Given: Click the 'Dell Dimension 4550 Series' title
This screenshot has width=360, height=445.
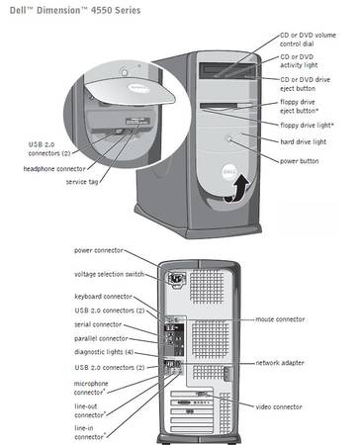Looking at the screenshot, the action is pos(75,10).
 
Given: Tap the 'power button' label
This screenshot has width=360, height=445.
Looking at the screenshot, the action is pos(300,161).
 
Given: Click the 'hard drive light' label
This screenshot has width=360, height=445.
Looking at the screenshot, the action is pos(304,141).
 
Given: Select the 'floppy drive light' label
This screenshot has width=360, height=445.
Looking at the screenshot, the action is pos(307,126).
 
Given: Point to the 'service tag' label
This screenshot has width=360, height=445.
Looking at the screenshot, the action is pos(82,182).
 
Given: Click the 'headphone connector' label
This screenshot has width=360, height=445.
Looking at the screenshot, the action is pos(54,169).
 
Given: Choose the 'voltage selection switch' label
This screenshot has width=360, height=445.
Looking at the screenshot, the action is pos(109,274).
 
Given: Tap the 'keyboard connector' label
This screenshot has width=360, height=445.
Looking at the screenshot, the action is pos(103,297).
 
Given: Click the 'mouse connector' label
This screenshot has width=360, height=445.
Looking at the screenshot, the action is pos(280,319).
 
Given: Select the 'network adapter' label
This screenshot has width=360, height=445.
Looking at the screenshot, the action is pos(280,363).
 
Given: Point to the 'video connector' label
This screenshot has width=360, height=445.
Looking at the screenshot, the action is pos(279,406).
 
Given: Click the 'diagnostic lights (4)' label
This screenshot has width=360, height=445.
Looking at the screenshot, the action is pos(104,352).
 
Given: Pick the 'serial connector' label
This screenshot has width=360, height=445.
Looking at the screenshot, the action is pos(98,324).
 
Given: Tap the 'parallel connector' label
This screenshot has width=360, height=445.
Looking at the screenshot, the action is pos(101,338).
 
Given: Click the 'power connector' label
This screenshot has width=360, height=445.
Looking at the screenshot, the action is pos(99,250).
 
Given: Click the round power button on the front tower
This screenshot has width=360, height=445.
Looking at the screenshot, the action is pos(229,138).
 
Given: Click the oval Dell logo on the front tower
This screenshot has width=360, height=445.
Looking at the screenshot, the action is pos(228,172).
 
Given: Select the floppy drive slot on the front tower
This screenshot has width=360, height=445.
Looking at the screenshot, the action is pos(219,106).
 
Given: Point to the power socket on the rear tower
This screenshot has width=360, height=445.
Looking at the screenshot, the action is pos(176,279).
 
